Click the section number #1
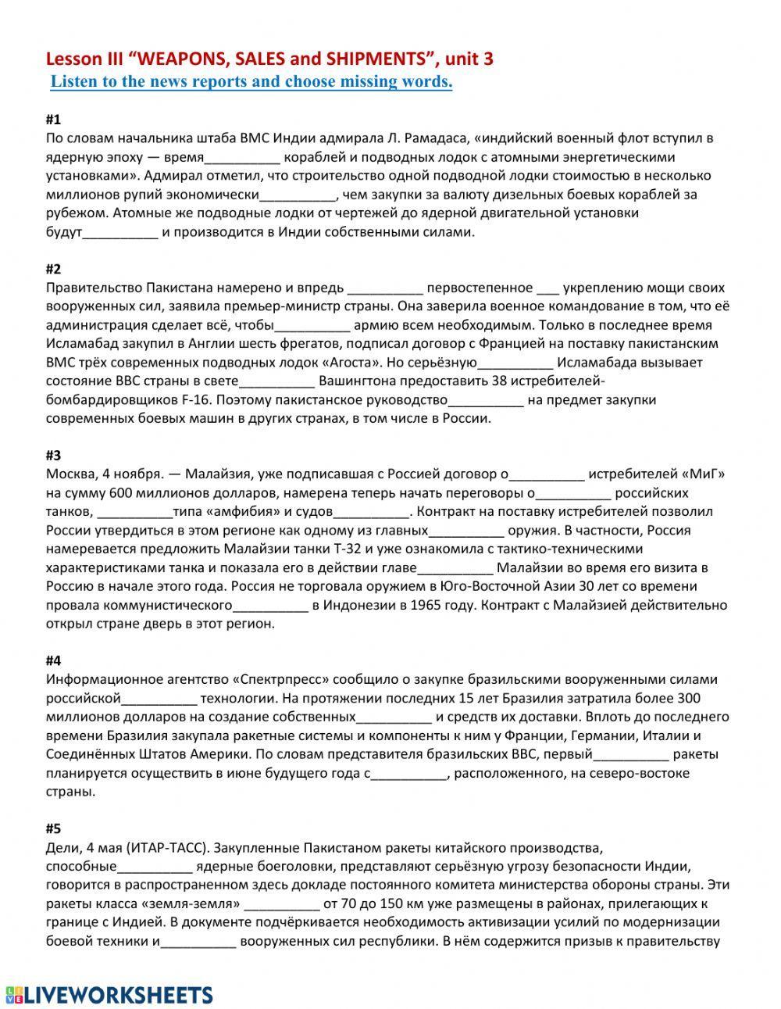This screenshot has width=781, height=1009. click(x=53, y=120)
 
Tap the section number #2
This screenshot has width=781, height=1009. click(x=53, y=269)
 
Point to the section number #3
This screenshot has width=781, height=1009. click(x=53, y=455)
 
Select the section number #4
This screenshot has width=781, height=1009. click(x=53, y=660)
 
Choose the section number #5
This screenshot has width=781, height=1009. click(x=53, y=828)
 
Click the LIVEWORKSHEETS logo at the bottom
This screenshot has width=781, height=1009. click(x=109, y=994)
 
